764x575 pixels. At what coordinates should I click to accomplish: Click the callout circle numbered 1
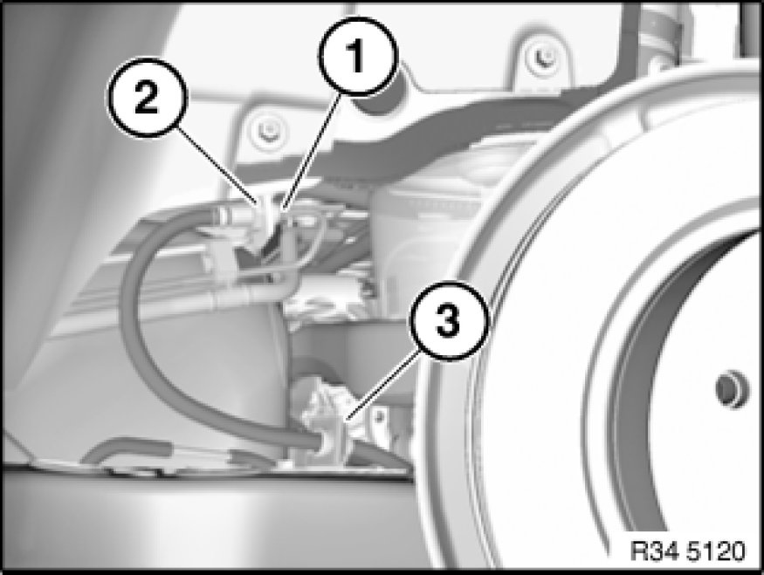point(358,56)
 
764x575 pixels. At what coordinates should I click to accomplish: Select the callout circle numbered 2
point(146,98)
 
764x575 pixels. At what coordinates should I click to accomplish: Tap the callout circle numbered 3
point(448,321)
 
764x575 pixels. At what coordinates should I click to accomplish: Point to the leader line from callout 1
point(309,152)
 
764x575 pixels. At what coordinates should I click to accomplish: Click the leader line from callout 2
point(217,165)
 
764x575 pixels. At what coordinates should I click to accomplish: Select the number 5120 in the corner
point(716,551)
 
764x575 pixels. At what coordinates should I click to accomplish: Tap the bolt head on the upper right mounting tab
point(542,57)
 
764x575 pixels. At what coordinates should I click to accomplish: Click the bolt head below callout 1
point(267,131)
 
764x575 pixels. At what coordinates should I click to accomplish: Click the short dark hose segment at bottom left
point(127,448)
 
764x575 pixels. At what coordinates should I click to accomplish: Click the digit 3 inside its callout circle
point(448,321)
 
